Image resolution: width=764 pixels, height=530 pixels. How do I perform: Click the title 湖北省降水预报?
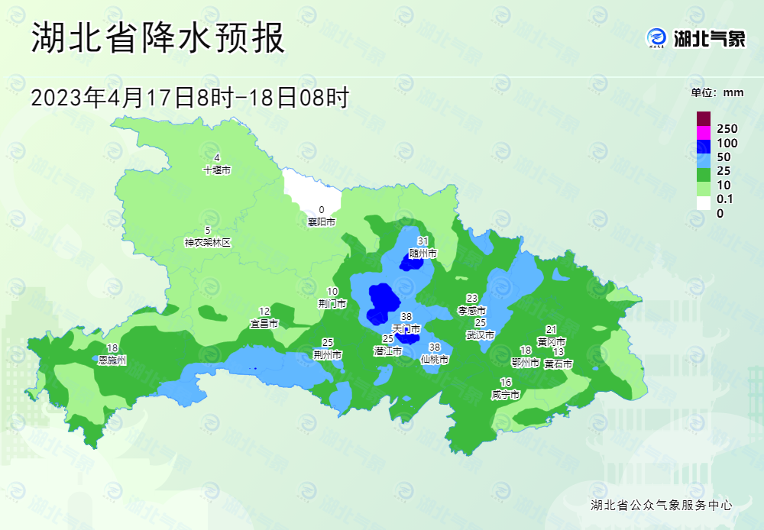(158, 38)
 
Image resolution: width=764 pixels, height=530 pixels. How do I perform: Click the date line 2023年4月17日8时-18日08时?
(189, 97)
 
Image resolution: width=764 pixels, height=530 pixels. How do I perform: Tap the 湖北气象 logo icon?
(656, 37)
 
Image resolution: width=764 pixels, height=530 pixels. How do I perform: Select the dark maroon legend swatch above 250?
(704, 118)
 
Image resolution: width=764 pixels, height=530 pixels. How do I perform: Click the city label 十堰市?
(217, 170)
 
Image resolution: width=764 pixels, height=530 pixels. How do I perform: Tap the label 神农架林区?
(207, 242)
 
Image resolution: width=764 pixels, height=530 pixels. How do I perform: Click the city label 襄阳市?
(322, 222)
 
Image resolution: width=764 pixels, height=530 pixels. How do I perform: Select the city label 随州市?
(422, 252)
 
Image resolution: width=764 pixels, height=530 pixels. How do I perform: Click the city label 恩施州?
(112, 359)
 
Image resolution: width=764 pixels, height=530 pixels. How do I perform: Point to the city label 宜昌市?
(264, 323)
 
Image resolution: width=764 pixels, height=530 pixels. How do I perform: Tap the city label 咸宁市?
(505, 395)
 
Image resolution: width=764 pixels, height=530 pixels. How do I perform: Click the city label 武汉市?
(481, 334)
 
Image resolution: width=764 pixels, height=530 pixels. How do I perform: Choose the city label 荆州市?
(327, 354)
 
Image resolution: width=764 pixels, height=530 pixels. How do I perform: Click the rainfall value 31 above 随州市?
(422, 241)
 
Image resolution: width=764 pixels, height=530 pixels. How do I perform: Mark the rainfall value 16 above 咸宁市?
(505, 383)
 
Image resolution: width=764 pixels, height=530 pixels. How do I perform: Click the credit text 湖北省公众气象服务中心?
(662, 505)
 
